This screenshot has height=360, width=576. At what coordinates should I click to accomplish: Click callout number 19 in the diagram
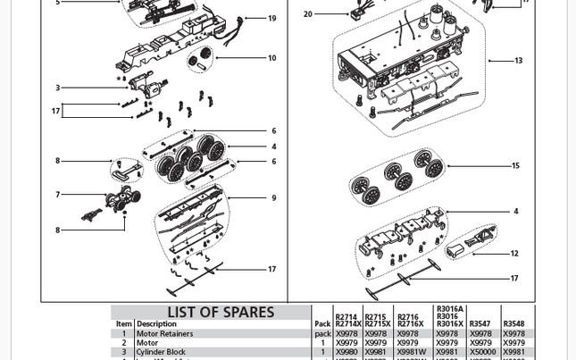[272, 18]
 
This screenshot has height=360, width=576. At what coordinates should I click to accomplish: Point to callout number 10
[272, 59]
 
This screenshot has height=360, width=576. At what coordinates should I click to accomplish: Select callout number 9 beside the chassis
[274, 198]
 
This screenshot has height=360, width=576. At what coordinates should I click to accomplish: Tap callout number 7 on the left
[57, 195]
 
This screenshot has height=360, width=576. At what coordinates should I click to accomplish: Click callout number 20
[308, 14]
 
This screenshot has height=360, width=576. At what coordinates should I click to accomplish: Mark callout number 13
[519, 61]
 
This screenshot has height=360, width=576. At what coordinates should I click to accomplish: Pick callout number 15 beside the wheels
[515, 166]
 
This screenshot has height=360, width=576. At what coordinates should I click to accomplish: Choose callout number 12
[514, 254]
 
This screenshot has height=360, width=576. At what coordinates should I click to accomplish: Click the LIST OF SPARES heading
[221, 313]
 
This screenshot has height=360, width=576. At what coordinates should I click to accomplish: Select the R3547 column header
[480, 324]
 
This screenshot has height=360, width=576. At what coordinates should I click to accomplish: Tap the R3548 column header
[513, 324]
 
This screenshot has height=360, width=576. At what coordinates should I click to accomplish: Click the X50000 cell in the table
[482, 352]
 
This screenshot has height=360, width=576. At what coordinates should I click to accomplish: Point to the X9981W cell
[412, 352]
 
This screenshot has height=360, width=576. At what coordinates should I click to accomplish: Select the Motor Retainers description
[164, 334]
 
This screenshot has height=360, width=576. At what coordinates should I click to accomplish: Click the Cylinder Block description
[161, 352]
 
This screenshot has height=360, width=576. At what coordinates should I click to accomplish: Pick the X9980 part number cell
[346, 352]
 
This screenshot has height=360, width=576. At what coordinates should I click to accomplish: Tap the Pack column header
[322, 324]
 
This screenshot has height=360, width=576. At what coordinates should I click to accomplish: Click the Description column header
[156, 324]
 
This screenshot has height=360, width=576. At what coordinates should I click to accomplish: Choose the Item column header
[123, 324]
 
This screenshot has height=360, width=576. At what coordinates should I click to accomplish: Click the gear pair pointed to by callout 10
[201, 61]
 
